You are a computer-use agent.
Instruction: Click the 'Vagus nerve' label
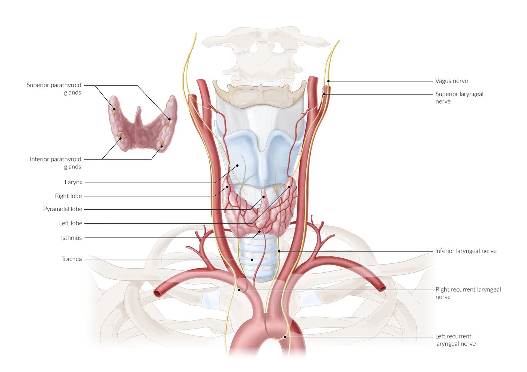tap(451, 81)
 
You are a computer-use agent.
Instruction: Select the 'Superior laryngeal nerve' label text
tap(459, 98)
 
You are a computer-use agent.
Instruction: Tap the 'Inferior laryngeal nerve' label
tap(466, 251)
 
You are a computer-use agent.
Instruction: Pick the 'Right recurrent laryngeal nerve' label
tap(468, 293)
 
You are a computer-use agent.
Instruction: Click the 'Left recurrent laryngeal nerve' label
tap(455, 340)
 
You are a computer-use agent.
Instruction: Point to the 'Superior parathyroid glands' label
tap(54, 89)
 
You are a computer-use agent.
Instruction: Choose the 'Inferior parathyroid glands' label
tap(55, 163)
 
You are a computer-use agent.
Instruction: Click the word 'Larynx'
tap(73, 182)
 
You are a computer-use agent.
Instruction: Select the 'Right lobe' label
tap(68, 196)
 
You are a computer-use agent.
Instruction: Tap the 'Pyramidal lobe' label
tap(63, 209)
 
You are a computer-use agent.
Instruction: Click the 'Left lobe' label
tap(70, 223)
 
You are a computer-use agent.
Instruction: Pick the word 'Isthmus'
tap(71, 238)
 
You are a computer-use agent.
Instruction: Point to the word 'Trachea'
tap(72, 259)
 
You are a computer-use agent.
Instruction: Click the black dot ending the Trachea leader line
tap(252, 260)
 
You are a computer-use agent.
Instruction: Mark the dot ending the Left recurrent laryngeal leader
tap(285, 337)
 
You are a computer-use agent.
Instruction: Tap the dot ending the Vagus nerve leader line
tap(328, 81)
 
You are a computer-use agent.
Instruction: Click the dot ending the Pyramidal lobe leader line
tap(264, 197)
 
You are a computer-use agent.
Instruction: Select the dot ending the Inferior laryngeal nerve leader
tap(279, 251)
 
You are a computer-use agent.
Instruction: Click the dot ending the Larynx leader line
tap(237, 166)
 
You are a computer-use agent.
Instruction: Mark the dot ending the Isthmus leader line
tap(260, 231)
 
